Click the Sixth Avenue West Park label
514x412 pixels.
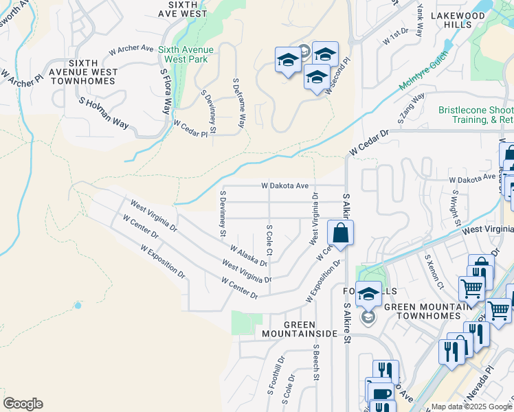186,54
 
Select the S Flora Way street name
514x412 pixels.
166,91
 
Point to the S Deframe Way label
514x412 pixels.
238,104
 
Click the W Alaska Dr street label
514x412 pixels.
248,256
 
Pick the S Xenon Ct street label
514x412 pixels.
435,271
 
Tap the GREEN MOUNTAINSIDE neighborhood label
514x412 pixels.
300,328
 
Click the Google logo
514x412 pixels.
23,404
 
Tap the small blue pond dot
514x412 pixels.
78,305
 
